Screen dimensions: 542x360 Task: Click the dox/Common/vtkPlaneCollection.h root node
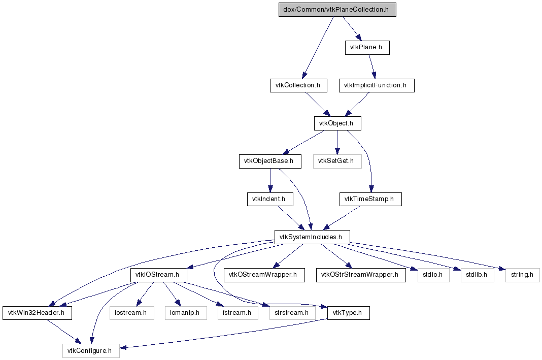tap(337, 10)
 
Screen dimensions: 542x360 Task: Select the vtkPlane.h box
tap(367, 47)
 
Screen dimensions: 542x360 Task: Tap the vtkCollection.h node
tap(298, 85)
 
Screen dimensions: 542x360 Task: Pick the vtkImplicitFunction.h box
tap(377, 85)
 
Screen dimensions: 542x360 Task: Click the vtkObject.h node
tap(337, 123)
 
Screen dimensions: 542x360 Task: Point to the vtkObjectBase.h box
tap(270, 161)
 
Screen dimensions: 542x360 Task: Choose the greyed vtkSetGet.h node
tap(337, 161)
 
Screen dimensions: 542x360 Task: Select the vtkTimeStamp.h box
tap(370, 199)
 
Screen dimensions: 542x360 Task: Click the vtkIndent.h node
tap(270, 199)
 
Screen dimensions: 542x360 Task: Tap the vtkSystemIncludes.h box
tap(312, 237)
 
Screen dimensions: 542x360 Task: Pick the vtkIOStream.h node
tap(159, 275)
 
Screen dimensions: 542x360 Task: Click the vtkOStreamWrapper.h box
tap(264, 275)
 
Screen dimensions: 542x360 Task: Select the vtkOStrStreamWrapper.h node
tap(361, 275)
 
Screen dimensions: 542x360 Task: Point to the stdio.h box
tap(433, 275)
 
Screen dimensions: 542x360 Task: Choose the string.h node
tap(522, 275)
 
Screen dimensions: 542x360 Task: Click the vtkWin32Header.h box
tap(38, 313)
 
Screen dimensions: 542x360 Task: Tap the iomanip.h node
tap(186, 313)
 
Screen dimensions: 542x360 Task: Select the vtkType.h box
tap(349, 313)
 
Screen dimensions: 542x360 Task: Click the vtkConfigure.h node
tap(91, 351)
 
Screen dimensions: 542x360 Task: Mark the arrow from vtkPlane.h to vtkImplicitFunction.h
tap(371, 67)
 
